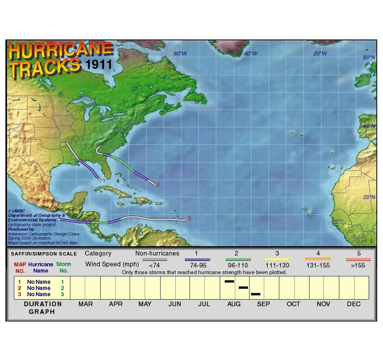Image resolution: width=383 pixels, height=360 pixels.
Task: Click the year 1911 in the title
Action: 99,64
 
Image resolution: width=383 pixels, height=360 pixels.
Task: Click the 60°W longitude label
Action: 180,53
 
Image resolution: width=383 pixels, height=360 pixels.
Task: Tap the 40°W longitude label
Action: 250,53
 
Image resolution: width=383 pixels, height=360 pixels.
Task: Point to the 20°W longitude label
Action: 320,53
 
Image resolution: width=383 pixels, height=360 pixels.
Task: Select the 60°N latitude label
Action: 369,57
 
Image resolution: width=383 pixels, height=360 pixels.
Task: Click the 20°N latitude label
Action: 369,197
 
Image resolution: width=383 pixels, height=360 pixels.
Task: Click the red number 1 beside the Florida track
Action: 104,180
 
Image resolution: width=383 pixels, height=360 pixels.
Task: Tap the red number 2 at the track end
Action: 158,185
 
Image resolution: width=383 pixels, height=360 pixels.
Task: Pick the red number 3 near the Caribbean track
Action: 189,218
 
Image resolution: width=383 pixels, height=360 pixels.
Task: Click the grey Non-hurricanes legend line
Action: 155,260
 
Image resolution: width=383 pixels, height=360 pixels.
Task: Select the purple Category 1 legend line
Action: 197,260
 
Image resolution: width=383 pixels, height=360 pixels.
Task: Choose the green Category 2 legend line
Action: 238,260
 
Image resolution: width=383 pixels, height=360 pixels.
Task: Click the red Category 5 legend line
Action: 359,260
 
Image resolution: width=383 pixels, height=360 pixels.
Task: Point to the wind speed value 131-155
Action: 318,266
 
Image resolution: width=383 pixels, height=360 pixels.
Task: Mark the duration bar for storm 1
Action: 229,281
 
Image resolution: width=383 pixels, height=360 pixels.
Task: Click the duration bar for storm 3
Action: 255,294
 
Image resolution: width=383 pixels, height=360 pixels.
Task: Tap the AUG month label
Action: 234,304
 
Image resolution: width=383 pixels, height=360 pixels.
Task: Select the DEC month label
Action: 354,304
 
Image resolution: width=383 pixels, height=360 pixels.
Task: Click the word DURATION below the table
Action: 43,304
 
